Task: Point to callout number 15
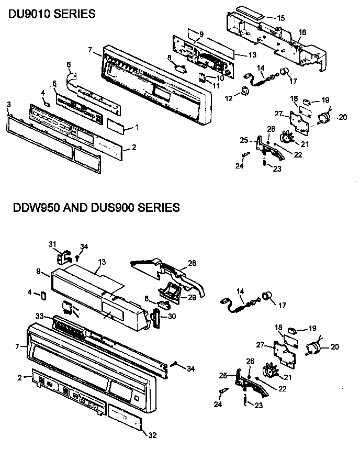(281, 18)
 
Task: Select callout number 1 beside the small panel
(137, 127)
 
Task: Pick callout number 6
(69, 64)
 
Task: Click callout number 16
(302, 32)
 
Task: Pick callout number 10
(221, 78)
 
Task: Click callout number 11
(216, 85)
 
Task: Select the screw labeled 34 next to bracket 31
(77, 256)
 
